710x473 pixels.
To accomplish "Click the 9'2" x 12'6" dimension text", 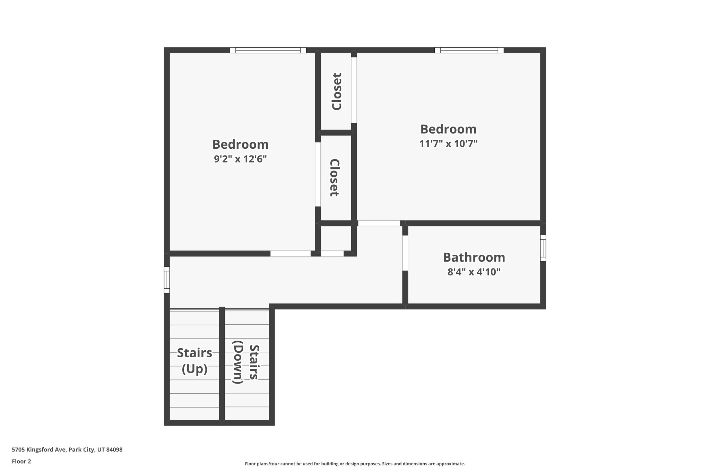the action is pos(240,159).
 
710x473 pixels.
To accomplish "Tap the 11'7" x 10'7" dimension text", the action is pos(448,143).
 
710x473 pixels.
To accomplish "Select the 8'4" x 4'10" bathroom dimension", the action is pos(474,272).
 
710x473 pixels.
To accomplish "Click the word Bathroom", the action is pos(474,257).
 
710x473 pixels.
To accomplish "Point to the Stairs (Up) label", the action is pos(194,361).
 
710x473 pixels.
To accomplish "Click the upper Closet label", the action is pos(337,91).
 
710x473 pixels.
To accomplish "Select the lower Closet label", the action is pos(334,178).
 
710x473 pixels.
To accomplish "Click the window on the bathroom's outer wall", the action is pos(543,248).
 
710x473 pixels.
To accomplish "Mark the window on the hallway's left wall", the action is pos(167,280).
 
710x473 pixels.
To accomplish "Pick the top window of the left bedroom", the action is pos(268,50).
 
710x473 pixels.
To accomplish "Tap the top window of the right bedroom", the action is pos(469,50).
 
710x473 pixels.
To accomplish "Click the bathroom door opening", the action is pos(405,253).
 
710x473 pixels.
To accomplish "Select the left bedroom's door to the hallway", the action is pos(291,254).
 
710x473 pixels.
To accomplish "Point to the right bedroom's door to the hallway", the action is pos(379,223).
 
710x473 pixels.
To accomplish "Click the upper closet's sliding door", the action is pos(354,90).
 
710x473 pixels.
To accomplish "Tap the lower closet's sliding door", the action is pos(318,174).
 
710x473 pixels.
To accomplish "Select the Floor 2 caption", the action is pos(21,461).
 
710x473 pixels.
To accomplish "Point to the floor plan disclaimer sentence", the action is pos(355,464).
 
